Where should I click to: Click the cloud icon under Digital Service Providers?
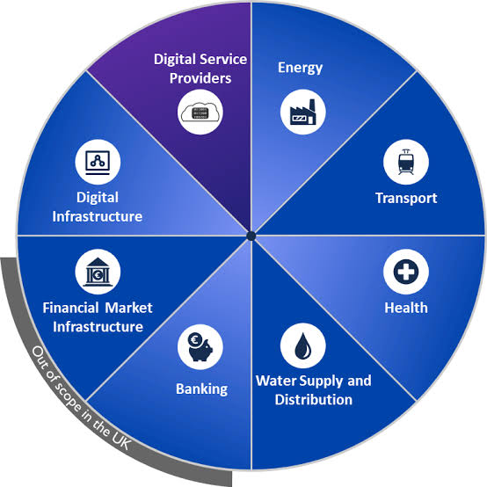coord(200,113)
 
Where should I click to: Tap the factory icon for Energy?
coord(302,112)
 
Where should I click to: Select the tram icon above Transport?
coord(406,162)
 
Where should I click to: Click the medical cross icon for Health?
coord(406,272)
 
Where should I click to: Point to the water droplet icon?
coord(302,345)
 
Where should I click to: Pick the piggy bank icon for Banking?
coord(200,347)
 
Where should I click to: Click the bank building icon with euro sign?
coord(98,272)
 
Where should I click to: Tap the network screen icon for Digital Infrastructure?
coord(98,162)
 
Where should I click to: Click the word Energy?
coord(300,68)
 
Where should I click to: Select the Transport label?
coord(406,199)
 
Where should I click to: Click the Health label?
coord(406,308)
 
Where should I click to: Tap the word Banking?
coord(201,389)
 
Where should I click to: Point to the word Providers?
coord(200,78)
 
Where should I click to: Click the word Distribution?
coord(313,399)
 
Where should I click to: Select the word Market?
coord(128,308)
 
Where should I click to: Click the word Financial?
coord(70,308)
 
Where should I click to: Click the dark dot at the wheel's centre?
coord(251,236)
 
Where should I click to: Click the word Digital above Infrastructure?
coord(98,198)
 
